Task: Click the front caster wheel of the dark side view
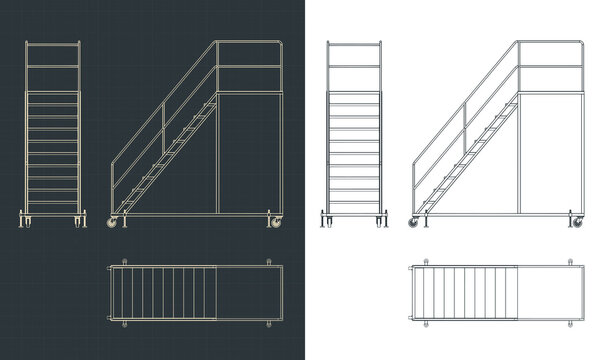112,222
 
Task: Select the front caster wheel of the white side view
413,222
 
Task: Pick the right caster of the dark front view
77,220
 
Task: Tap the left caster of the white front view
327,220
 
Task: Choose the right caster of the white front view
379,220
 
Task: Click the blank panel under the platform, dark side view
245,150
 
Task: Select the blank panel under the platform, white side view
550,150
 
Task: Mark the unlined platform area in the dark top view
240,294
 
